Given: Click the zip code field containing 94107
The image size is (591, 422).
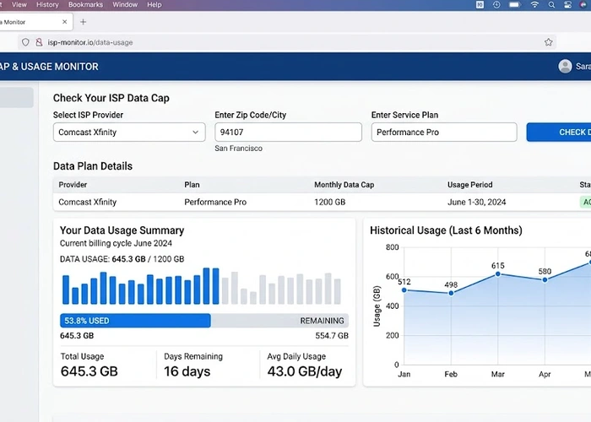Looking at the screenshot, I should click(288, 133).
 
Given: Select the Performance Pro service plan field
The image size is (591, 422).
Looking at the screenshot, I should click(443, 133).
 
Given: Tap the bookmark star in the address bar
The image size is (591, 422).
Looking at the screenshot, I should click(549, 42).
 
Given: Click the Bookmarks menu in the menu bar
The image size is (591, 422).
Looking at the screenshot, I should click(85, 5).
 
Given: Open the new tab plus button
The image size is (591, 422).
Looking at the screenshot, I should click(83, 22).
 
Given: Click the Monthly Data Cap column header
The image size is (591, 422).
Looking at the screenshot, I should click(344, 185).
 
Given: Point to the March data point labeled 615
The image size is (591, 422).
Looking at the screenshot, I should click(498, 273).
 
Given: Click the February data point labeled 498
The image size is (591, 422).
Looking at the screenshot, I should click(451, 293).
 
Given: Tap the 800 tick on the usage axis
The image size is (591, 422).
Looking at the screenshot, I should click(391, 247).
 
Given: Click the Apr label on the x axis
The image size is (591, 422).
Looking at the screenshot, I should click(545, 373).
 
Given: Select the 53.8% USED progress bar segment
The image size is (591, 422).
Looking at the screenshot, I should click(135, 321).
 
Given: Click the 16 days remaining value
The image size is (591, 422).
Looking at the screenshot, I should click(187, 372).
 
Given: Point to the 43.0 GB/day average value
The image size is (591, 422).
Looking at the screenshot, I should click(305, 372).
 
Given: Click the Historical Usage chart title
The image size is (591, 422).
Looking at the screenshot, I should click(446, 230).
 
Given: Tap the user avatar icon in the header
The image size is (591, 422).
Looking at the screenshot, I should click(565, 67).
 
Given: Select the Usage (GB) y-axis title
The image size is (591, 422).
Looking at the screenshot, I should click(377, 306).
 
